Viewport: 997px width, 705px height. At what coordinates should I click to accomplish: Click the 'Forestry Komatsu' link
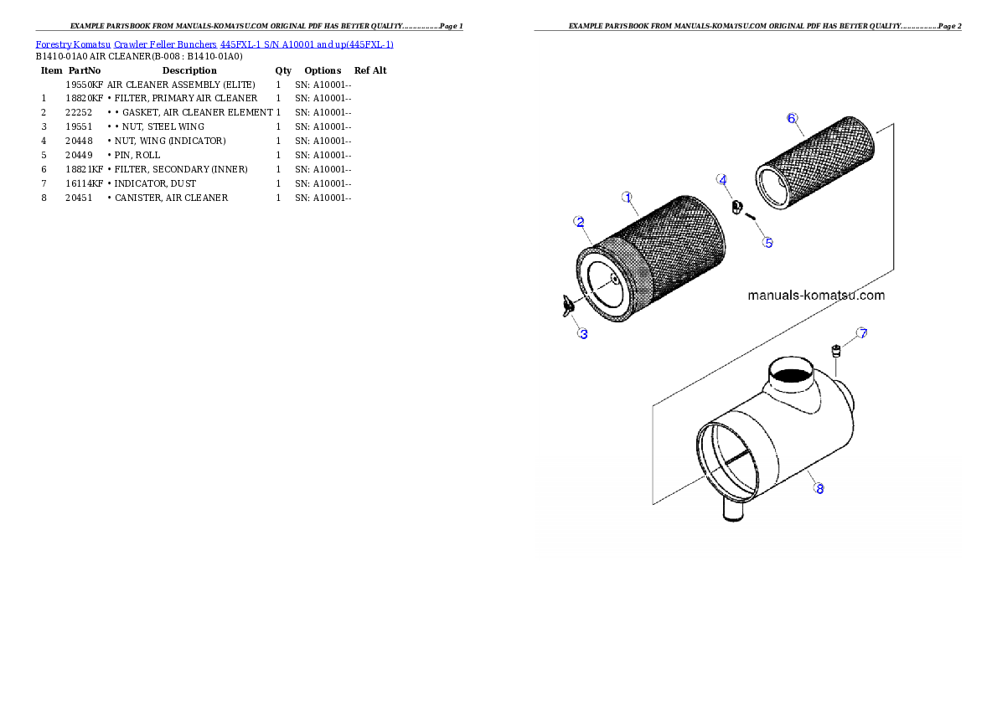coord(73,44)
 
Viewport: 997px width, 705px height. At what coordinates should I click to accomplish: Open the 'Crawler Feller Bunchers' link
coord(165,44)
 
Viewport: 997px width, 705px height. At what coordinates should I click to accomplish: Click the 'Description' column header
coord(189,70)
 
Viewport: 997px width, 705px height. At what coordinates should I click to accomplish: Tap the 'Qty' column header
coord(283,70)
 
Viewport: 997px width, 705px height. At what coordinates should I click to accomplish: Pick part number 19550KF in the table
coord(84,85)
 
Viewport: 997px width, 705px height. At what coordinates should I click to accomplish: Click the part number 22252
coord(79,112)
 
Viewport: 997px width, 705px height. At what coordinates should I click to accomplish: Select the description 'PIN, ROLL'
coord(137,155)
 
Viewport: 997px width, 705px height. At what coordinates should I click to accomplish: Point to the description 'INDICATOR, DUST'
coord(155,183)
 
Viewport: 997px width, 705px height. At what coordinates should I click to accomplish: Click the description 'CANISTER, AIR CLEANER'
coord(171,198)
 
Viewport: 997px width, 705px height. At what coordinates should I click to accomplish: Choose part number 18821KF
coord(84,169)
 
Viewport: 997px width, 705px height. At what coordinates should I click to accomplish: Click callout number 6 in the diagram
coord(792,118)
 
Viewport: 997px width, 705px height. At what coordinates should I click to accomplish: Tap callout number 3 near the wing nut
coord(583,334)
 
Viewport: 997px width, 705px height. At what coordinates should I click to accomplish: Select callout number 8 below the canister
coord(819,488)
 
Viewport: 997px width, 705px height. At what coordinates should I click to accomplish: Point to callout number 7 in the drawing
coord(861,332)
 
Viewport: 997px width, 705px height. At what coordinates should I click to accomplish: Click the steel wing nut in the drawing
coord(568,305)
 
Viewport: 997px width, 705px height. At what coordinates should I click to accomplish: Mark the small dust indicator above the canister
coord(836,352)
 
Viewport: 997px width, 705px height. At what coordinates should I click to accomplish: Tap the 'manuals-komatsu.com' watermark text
coord(816,295)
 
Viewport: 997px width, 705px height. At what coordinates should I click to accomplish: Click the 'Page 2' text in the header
coord(950,26)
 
